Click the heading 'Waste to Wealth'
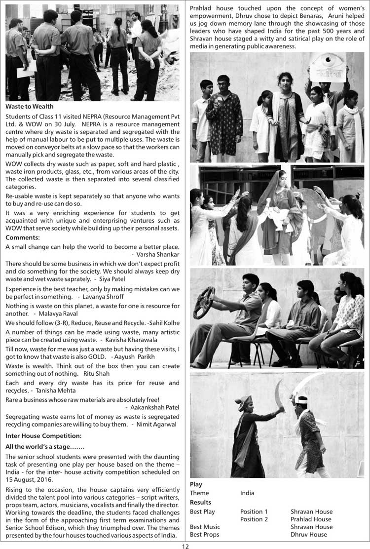click(30, 107)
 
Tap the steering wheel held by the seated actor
click(204, 302)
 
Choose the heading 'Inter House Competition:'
click(43, 436)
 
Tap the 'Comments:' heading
click(22, 238)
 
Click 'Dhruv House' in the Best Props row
click(308, 535)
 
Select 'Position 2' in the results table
click(254, 519)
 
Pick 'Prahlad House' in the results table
click(311, 519)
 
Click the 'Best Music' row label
click(205, 527)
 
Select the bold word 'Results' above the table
click(200, 502)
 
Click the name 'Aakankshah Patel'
click(154, 408)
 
